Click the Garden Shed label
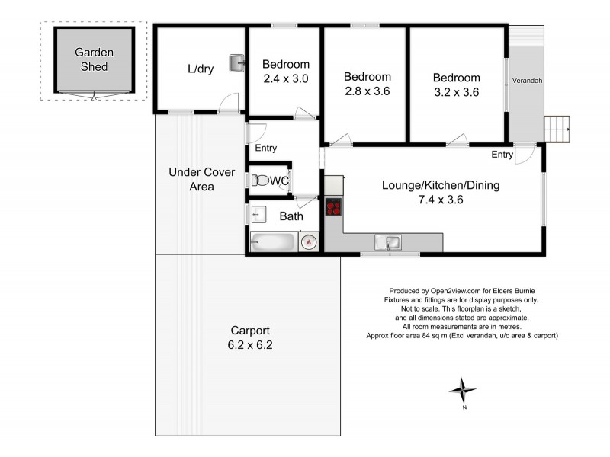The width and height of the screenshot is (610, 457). [94, 59]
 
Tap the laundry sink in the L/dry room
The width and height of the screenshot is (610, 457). [236, 62]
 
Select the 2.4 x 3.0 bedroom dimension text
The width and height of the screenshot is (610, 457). [286, 78]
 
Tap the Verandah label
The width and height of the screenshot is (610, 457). [528, 81]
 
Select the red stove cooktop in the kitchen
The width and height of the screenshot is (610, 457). [333, 207]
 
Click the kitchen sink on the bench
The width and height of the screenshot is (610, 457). [390, 243]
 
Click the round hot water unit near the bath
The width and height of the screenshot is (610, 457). [309, 242]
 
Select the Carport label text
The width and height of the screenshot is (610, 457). [250, 331]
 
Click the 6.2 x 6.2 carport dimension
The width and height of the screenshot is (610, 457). [251, 344]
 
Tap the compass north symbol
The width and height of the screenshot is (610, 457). [462, 391]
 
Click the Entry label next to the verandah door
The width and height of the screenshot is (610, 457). [502, 155]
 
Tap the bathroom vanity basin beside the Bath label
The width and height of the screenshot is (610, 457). [257, 216]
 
